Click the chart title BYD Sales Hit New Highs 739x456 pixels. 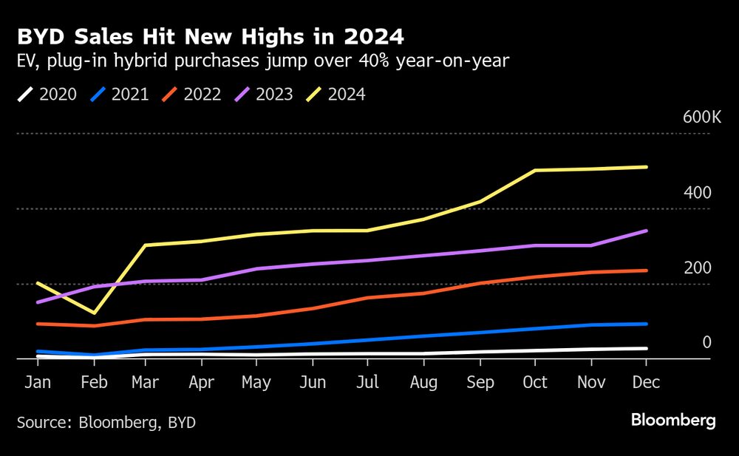[211, 36]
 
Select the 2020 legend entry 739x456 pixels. [49, 95]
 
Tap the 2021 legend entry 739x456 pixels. [120, 95]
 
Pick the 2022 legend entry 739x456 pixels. [193, 95]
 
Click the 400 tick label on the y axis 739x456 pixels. [697, 193]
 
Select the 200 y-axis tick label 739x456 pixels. [697, 268]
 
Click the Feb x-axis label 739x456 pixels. [95, 383]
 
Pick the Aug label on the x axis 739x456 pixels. [424, 383]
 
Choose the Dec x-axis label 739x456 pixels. [647, 383]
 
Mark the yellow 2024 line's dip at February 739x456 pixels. [94, 313]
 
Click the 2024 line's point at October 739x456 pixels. [535, 171]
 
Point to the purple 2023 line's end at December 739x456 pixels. [647, 231]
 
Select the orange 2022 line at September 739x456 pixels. [480, 283]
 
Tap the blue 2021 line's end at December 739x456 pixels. [647, 324]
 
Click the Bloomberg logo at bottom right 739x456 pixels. [673, 421]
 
